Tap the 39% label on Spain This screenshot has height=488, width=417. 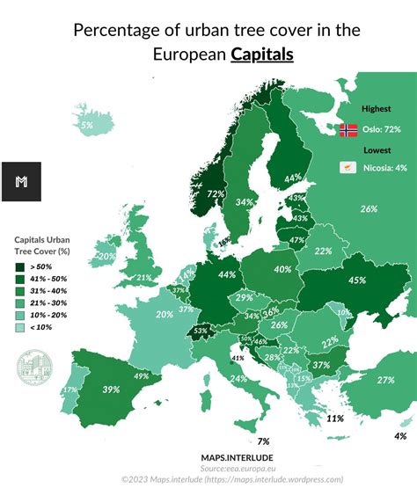[x=111, y=389]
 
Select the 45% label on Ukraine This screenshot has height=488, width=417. [x=357, y=280]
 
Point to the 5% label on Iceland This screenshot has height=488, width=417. [x=86, y=126]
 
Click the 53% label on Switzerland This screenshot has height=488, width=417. [x=201, y=331]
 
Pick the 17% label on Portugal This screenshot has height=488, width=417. [x=69, y=389]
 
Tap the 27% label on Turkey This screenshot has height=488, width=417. [x=385, y=379]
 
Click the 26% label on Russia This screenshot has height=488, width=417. [x=368, y=208]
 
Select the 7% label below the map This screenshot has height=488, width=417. [x=263, y=441]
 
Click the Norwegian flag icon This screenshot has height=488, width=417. [x=348, y=129]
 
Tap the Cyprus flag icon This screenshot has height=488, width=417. [x=348, y=167]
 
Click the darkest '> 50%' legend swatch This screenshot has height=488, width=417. [x=19, y=266]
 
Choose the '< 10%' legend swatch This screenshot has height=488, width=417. [x=19, y=327]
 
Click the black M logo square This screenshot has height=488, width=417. [x=22, y=182]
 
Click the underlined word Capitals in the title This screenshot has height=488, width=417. [x=262, y=55]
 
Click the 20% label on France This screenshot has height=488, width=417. [x=164, y=314]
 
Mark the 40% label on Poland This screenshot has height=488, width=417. [x=282, y=269]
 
